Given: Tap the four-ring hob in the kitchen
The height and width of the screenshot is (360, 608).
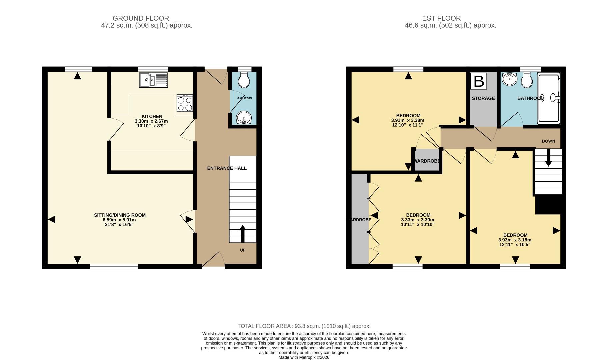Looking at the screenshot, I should (x=185, y=103).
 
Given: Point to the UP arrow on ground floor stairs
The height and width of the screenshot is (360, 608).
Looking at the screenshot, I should (x=242, y=234).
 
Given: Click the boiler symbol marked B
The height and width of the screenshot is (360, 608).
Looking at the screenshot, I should (x=479, y=81).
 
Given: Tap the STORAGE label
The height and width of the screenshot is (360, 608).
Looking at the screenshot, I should (x=483, y=98).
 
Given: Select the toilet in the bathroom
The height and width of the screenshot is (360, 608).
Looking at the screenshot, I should (x=527, y=80).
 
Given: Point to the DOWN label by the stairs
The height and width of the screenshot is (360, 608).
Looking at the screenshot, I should (x=548, y=141).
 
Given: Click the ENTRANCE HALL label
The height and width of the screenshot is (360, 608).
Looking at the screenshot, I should (x=227, y=168).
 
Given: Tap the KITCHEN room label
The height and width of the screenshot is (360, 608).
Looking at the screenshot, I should (x=152, y=116).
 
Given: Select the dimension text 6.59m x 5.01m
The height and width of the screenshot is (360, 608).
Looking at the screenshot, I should (x=119, y=220).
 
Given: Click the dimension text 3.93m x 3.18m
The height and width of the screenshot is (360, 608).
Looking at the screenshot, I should (x=515, y=240).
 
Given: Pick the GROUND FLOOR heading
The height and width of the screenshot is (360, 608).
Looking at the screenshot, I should (x=141, y=18).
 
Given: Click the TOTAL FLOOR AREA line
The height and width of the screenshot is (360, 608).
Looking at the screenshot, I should (x=304, y=326).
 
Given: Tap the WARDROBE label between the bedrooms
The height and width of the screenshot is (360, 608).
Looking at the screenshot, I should (x=427, y=161).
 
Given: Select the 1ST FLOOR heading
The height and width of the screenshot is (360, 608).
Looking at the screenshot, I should (x=441, y=18).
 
